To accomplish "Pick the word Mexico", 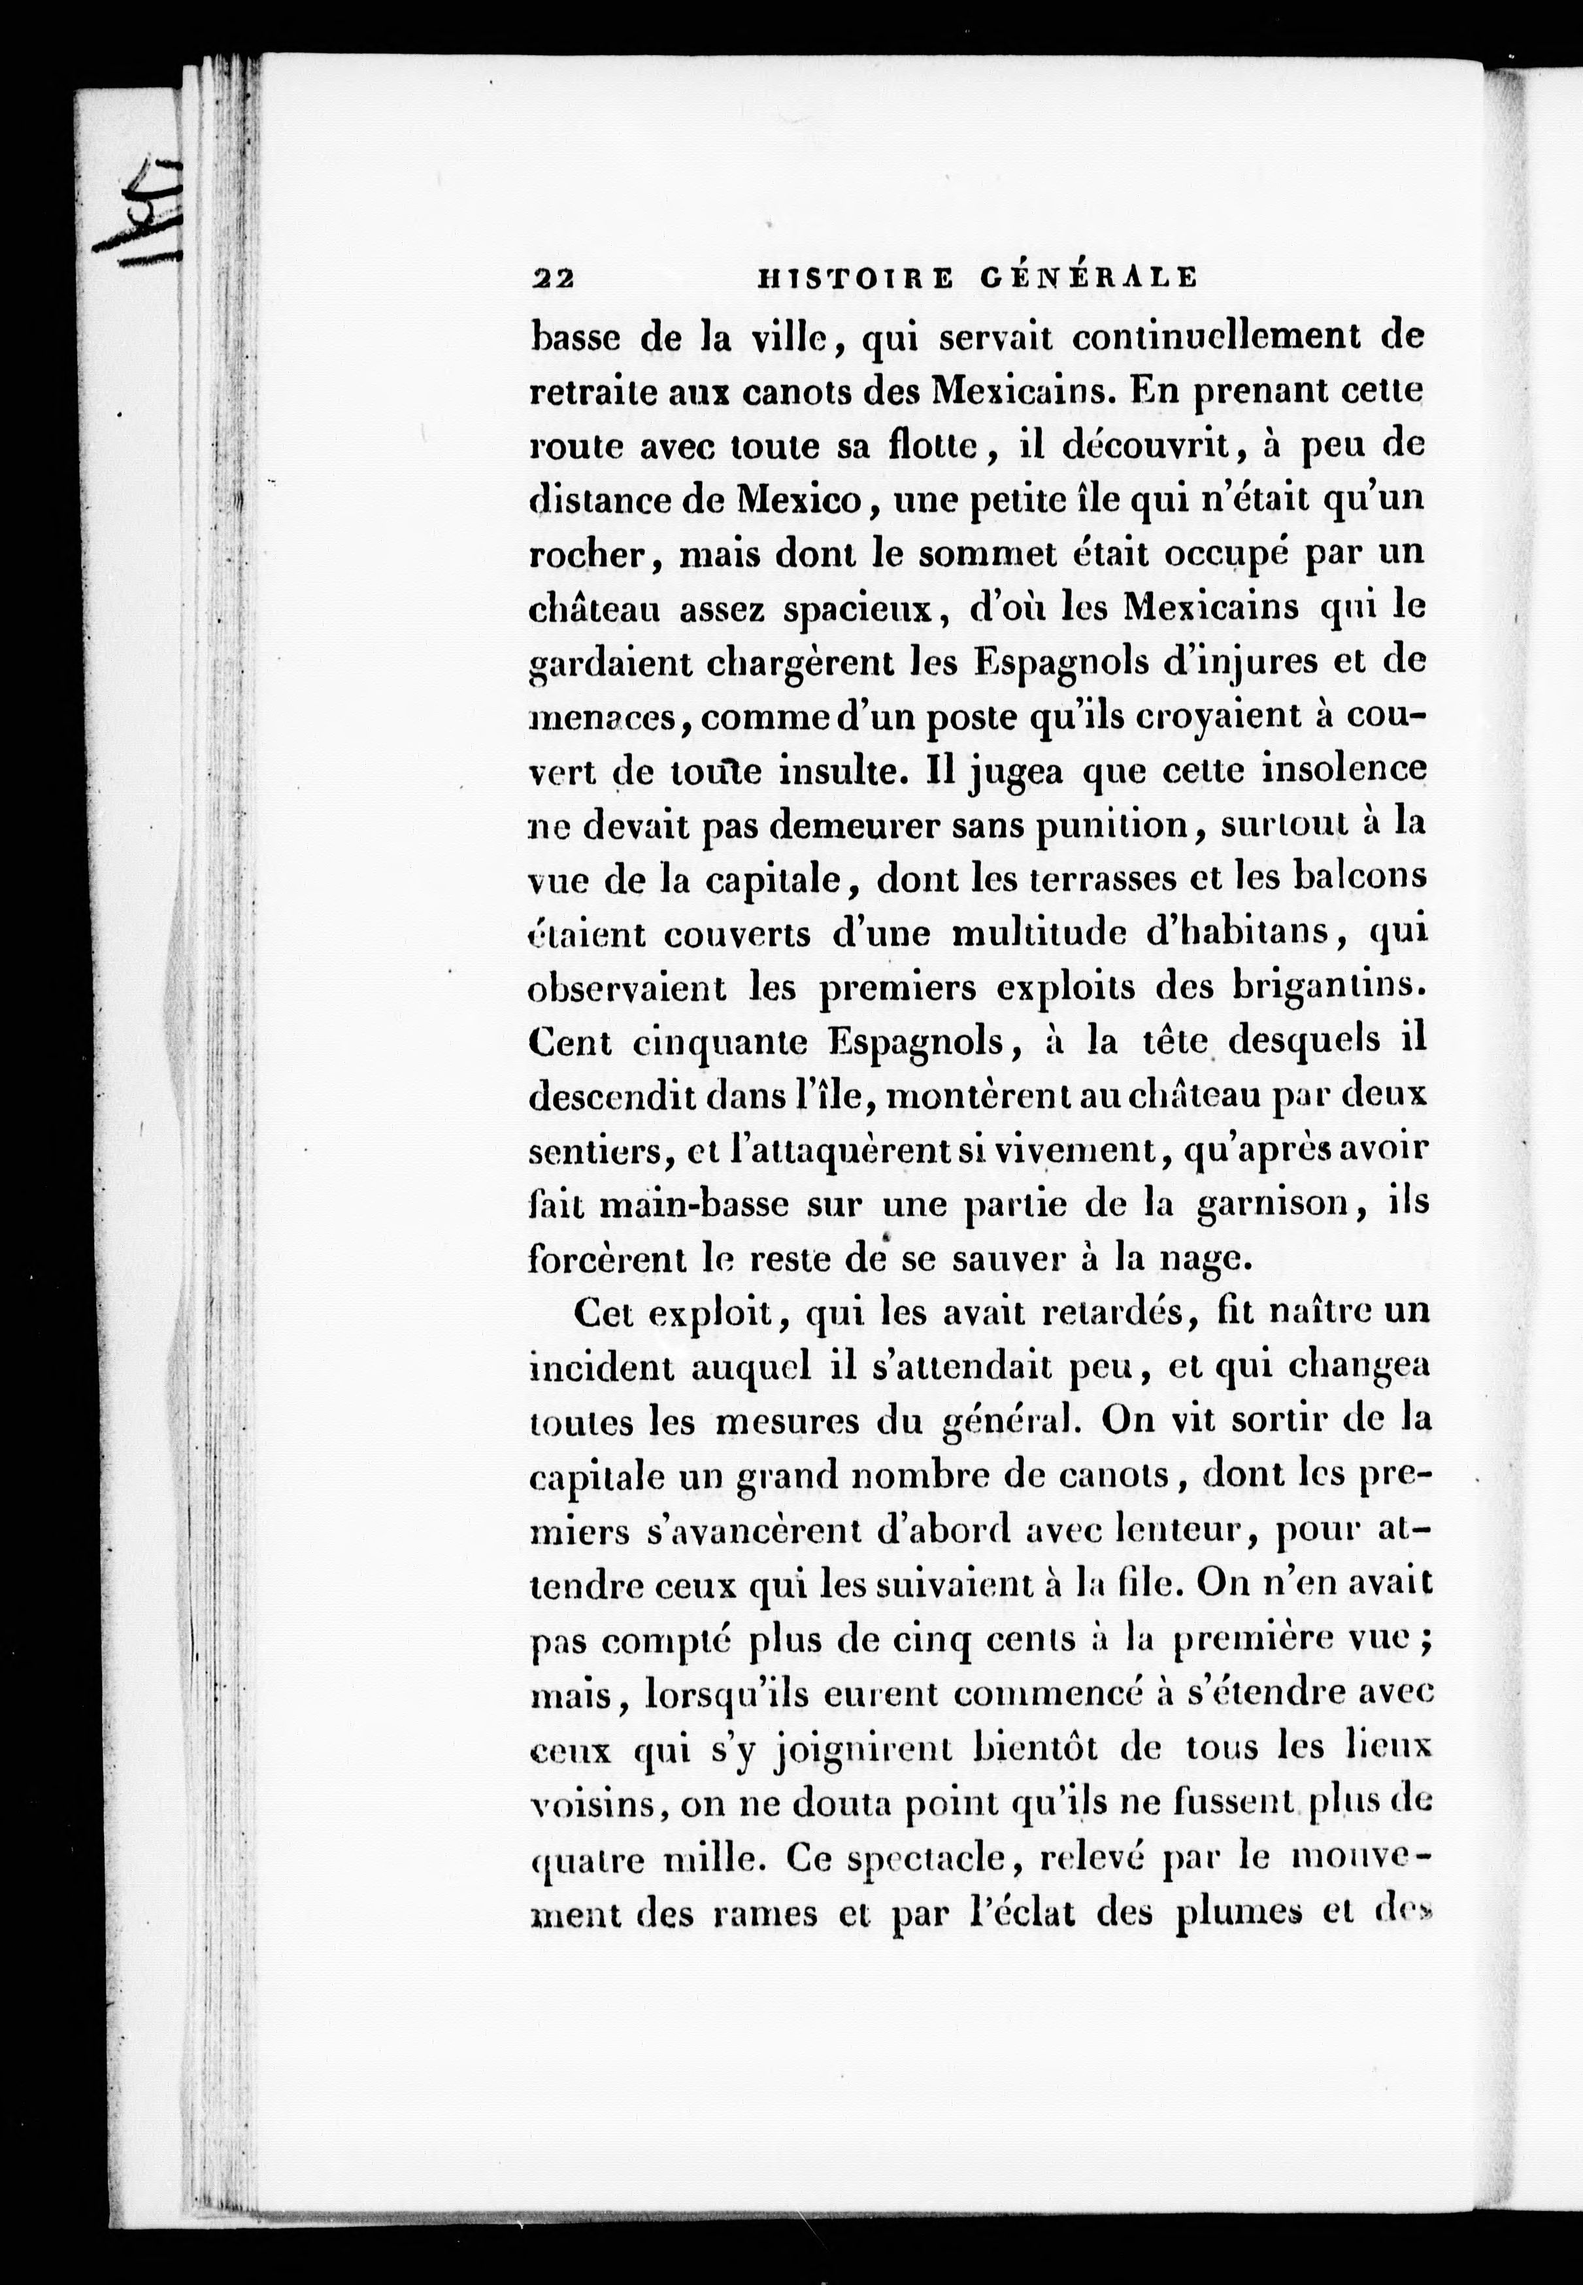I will [801, 500].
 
